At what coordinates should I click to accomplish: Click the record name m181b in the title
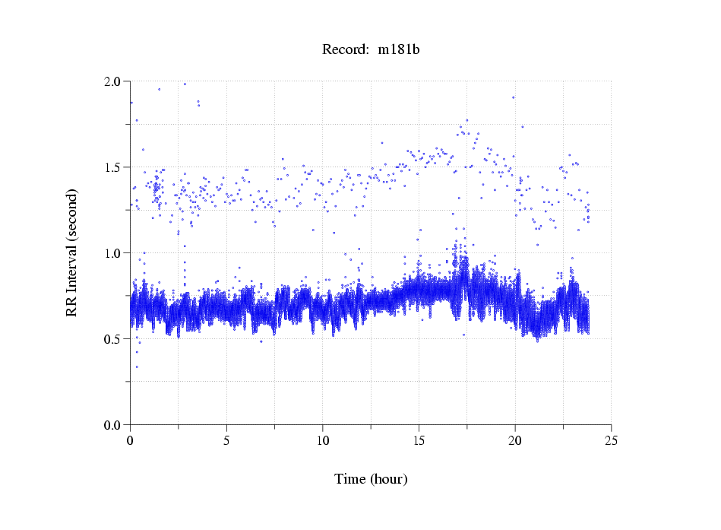tap(400, 50)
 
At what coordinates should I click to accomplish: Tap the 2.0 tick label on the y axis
tap(112, 81)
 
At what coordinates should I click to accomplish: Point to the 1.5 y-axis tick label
tap(112, 167)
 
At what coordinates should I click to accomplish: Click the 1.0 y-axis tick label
tap(112, 253)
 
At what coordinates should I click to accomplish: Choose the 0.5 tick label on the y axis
tap(112, 339)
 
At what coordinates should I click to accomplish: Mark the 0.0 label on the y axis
tap(112, 425)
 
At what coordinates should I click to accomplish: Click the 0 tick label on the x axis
tap(131, 440)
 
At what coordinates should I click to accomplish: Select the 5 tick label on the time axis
tap(226, 440)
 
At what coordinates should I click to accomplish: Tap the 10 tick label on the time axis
tap(323, 440)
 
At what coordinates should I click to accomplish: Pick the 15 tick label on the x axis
tap(419, 440)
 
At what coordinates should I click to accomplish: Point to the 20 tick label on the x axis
tap(515, 440)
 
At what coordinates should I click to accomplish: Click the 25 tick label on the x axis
tap(611, 440)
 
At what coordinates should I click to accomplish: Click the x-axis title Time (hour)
tap(371, 479)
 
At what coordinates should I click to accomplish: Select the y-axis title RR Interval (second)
tap(72, 252)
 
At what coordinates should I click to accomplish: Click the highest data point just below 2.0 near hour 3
tap(185, 84)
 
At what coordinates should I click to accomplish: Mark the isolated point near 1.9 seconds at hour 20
tap(514, 97)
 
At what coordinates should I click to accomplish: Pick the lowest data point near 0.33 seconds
tap(137, 367)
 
